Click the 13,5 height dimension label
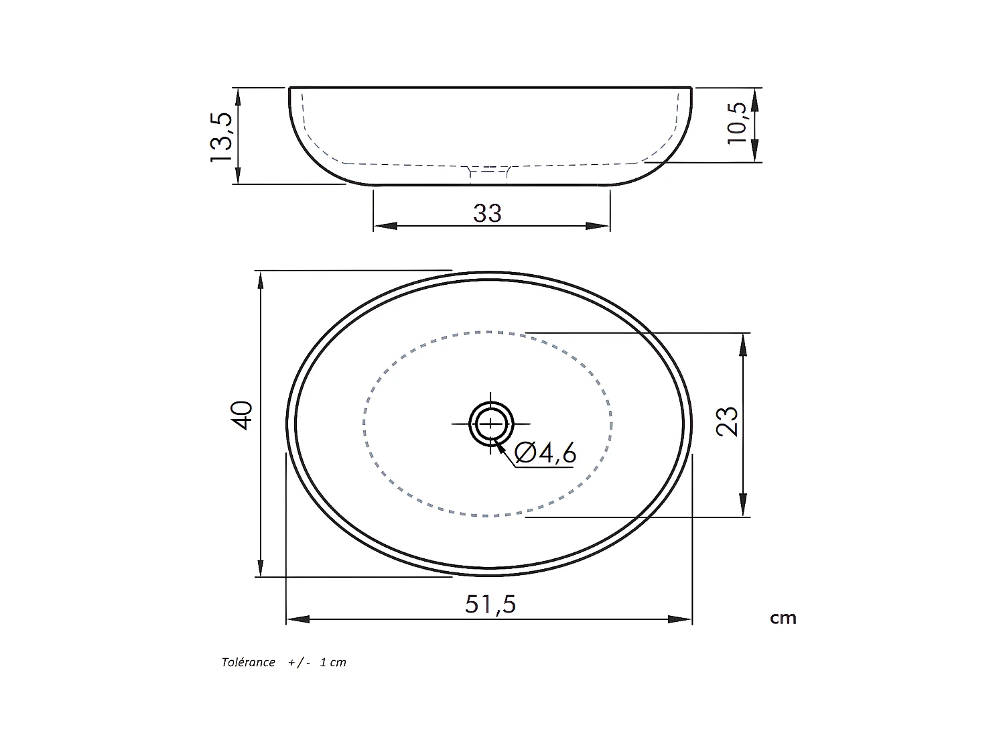tap(221, 136)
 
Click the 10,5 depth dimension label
tap(736, 123)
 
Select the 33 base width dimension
tap(487, 213)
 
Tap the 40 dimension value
tap(242, 415)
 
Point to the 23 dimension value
tap(727, 422)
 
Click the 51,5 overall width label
tap(490, 605)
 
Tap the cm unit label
tap(783, 618)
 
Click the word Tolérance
tap(248, 662)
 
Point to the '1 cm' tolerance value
tap(333, 662)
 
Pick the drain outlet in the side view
tap(488, 173)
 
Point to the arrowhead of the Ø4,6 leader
tap(500, 445)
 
